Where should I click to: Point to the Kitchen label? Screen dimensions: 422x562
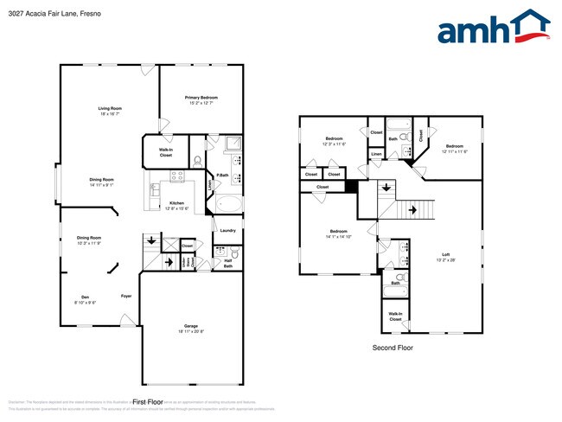click(x=176, y=203)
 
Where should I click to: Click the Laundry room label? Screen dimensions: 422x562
click(x=227, y=230)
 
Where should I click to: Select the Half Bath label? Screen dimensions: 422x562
click(x=227, y=264)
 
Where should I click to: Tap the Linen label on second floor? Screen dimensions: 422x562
click(x=376, y=155)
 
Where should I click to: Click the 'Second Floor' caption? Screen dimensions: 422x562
click(x=393, y=348)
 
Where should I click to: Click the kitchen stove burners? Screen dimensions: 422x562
click(x=177, y=176)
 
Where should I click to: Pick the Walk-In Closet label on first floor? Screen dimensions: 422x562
click(x=165, y=152)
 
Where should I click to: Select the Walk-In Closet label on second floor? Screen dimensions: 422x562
click(x=395, y=316)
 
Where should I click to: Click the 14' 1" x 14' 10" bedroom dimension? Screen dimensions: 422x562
click(x=338, y=236)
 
